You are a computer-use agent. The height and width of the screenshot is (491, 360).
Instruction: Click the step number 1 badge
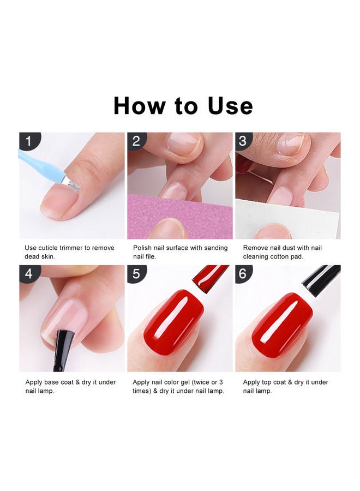tap(29, 141)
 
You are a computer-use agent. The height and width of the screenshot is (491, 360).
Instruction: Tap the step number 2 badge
tap(136, 141)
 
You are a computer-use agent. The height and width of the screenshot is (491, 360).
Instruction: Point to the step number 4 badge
tap(29, 273)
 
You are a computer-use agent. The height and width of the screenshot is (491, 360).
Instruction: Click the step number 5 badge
tap(136, 273)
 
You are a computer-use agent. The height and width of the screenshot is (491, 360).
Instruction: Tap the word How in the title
tap(139, 105)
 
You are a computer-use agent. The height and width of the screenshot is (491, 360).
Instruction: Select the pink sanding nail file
tap(179, 216)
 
